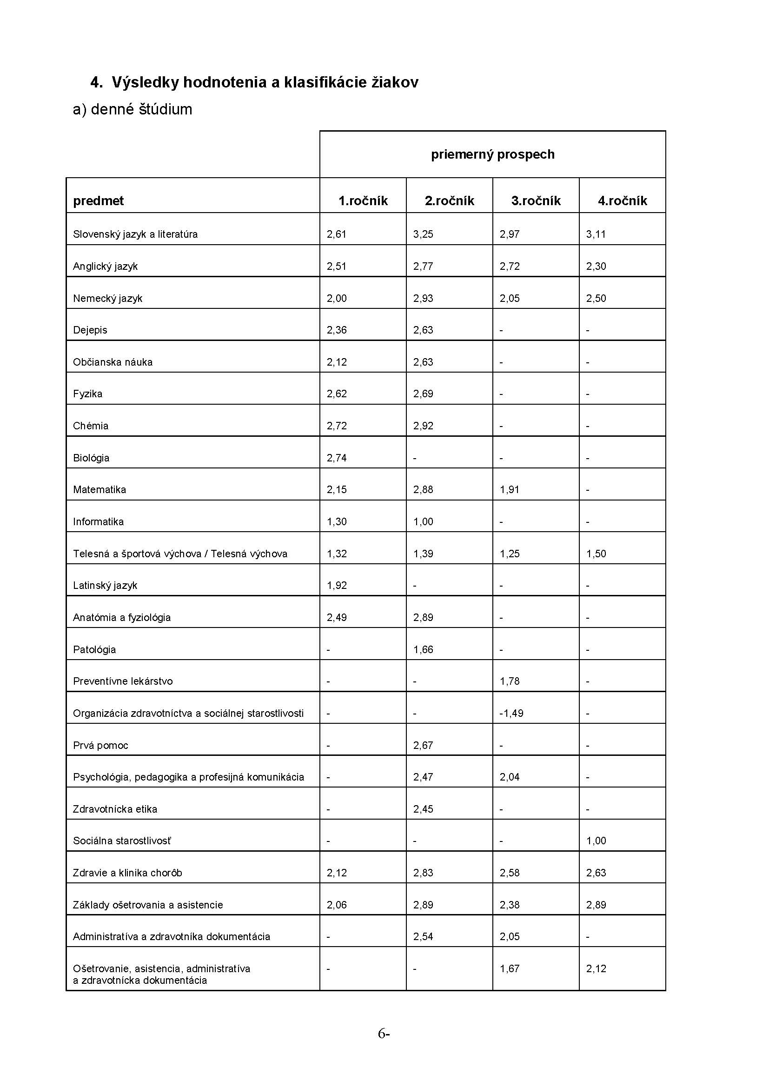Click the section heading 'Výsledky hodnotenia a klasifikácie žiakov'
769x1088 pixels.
(x=265, y=82)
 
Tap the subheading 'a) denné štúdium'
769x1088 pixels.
(x=133, y=109)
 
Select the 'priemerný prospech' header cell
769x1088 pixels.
(x=492, y=154)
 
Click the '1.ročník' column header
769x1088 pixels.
(x=363, y=201)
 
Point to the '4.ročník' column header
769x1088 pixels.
(x=622, y=201)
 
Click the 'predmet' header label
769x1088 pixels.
(x=98, y=201)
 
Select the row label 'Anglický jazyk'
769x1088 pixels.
(x=105, y=267)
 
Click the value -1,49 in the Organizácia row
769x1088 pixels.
(x=511, y=713)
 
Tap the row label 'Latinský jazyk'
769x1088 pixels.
(x=105, y=586)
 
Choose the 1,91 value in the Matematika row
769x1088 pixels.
(x=510, y=489)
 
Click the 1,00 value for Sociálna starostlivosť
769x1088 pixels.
(x=596, y=841)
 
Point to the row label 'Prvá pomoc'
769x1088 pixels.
(x=100, y=745)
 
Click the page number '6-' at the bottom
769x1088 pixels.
(x=384, y=1034)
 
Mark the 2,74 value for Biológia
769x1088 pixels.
(x=336, y=458)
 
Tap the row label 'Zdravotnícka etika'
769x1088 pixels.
(x=115, y=809)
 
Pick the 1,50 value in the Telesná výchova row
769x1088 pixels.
(x=596, y=554)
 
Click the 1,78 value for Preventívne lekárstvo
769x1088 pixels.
(x=510, y=681)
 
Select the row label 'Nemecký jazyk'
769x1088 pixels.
(x=107, y=299)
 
